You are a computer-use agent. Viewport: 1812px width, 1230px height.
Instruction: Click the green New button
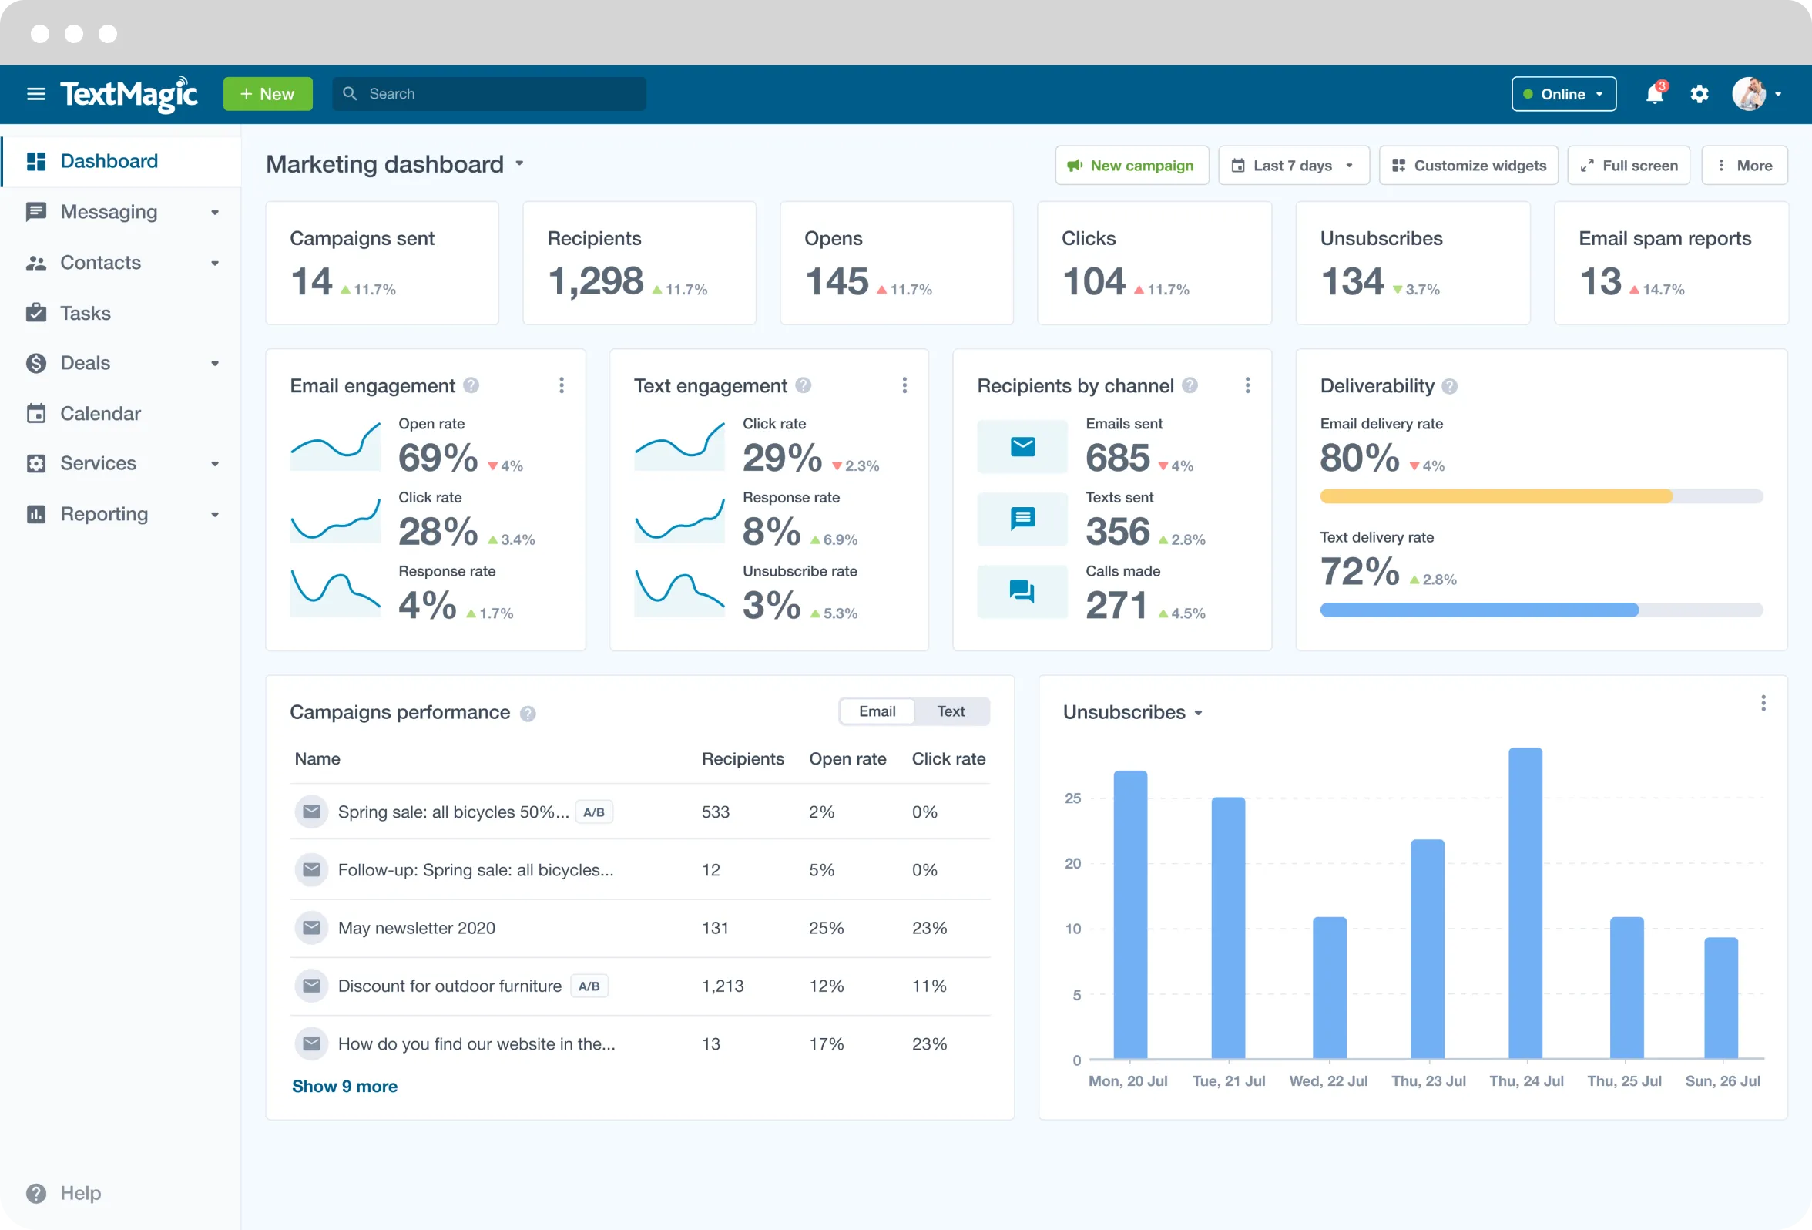click(x=267, y=93)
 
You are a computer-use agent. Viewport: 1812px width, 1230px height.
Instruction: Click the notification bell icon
click(x=1654, y=94)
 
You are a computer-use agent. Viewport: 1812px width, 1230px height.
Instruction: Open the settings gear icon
click(x=1699, y=94)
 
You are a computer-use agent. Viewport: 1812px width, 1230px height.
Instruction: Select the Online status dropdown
click(x=1563, y=94)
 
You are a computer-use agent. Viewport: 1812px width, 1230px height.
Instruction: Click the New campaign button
click(x=1131, y=166)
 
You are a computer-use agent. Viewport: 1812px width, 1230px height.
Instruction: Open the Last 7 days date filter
click(x=1293, y=166)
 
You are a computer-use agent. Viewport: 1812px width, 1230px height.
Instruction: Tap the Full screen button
click(x=1628, y=166)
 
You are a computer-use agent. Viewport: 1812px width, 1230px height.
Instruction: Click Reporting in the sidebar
click(x=104, y=514)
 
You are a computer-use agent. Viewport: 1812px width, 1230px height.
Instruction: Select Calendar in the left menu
click(x=100, y=413)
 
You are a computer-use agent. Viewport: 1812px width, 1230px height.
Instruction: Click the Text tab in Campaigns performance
click(x=951, y=711)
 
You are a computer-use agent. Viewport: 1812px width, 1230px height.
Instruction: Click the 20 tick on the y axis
click(x=1073, y=863)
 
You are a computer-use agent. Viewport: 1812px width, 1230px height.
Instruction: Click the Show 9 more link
click(x=344, y=1087)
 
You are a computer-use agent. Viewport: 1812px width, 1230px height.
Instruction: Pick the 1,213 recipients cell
click(x=722, y=986)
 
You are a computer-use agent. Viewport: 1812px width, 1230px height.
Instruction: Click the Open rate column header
click(x=847, y=759)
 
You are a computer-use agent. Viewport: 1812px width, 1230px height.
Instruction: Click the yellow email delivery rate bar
click(x=1495, y=496)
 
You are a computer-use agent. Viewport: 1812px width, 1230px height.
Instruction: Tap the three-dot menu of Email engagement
click(x=562, y=385)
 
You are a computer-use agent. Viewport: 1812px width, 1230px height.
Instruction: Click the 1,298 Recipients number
click(x=596, y=281)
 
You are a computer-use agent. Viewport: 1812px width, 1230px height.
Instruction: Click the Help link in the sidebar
click(x=80, y=1192)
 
